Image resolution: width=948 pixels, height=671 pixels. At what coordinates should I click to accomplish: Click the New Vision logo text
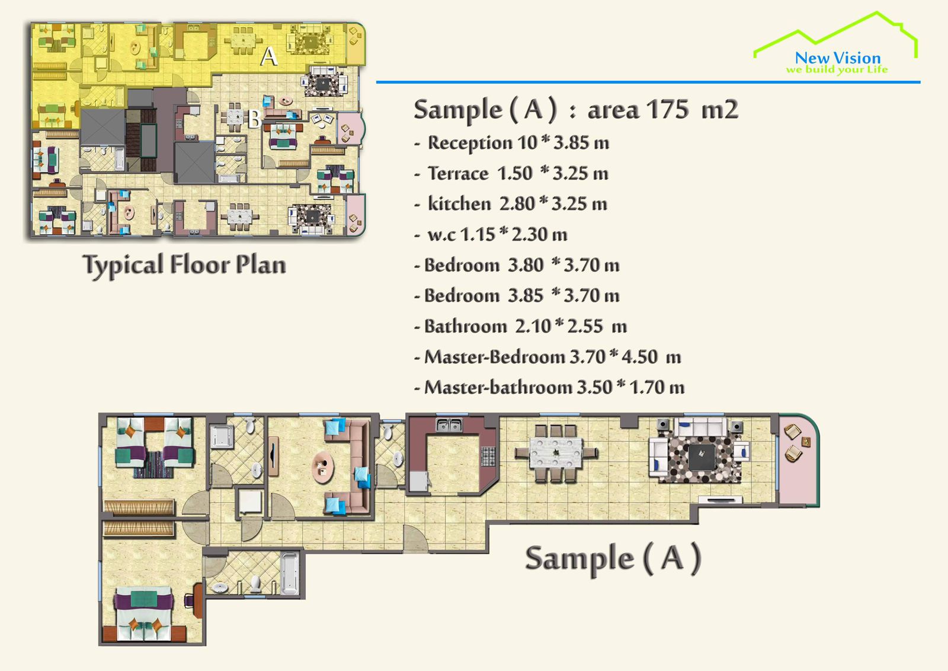click(838, 57)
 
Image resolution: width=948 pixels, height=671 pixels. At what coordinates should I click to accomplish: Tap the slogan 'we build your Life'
click(837, 69)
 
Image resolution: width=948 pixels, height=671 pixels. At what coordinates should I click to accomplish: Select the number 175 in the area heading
click(667, 109)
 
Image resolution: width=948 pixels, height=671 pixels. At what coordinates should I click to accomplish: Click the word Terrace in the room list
click(459, 173)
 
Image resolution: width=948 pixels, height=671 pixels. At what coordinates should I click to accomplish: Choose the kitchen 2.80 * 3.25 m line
click(511, 204)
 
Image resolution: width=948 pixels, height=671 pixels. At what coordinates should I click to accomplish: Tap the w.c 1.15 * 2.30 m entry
click(491, 234)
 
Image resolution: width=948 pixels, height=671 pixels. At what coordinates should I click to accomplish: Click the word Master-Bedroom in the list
click(495, 356)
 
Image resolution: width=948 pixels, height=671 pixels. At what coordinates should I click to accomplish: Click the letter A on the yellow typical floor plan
click(269, 57)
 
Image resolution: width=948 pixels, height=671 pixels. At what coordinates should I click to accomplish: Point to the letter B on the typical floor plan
click(254, 119)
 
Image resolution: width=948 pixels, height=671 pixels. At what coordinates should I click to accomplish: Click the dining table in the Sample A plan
click(556, 453)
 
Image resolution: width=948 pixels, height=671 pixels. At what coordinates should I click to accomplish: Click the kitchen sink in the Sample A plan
click(449, 424)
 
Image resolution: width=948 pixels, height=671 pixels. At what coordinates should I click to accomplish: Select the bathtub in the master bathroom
click(290, 574)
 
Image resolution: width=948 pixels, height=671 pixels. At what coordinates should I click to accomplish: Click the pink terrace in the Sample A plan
click(798, 460)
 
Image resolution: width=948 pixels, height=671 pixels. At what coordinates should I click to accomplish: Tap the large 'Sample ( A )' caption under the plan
click(613, 559)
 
